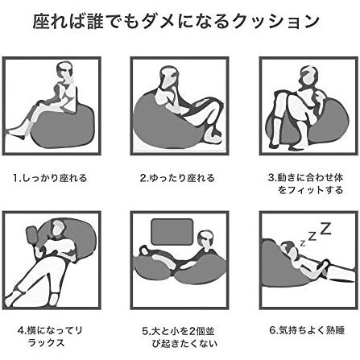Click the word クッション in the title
(x=276, y=22)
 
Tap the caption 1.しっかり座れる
(x=50, y=178)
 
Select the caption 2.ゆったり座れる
(x=177, y=178)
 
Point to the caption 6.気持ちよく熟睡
(x=307, y=329)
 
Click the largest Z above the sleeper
(x=326, y=228)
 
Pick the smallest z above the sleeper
(x=303, y=243)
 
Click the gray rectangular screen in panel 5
(x=172, y=232)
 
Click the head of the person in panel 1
(x=65, y=72)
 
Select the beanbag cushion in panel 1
(x=63, y=126)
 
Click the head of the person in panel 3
(x=308, y=77)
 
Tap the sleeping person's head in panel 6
(x=289, y=248)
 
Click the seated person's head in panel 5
(x=206, y=240)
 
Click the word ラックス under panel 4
(x=46, y=343)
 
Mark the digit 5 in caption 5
(x=145, y=331)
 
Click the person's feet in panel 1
(x=15, y=134)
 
